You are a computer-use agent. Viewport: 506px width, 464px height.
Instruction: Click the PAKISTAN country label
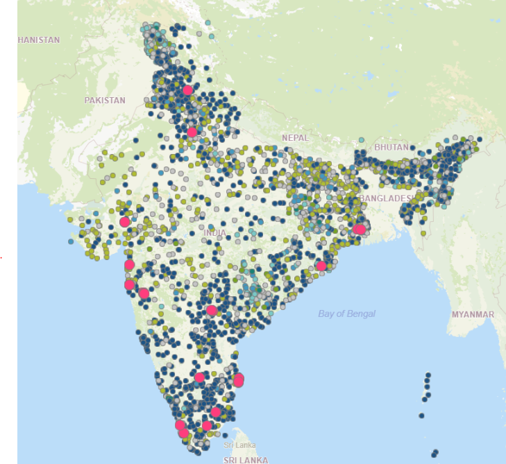tap(105, 100)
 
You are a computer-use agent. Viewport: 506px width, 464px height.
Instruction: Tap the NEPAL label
tap(295, 138)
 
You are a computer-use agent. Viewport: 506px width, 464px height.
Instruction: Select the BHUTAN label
tap(391, 148)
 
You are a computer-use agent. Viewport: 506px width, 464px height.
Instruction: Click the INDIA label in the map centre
tap(214, 232)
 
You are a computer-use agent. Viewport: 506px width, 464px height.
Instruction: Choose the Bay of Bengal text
tap(346, 313)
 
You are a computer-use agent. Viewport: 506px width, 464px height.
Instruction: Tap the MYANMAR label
tap(473, 314)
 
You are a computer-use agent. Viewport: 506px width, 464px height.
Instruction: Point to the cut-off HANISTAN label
tap(39, 40)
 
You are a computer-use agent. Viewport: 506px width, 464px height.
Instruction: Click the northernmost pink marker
tap(187, 90)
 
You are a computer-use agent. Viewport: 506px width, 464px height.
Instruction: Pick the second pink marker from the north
tap(192, 132)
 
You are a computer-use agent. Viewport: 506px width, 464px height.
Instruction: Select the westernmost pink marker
tap(124, 222)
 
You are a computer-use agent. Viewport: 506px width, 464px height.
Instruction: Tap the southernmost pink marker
tap(183, 433)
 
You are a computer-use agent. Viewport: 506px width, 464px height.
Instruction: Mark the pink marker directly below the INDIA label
tap(212, 310)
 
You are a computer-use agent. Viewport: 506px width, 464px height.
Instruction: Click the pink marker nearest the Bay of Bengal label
tap(321, 266)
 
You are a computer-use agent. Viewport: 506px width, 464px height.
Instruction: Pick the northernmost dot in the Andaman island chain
tap(427, 376)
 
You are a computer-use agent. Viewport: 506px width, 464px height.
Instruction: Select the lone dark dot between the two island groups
tap(421, 415)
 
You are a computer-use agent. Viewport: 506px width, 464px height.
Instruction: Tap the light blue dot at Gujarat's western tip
tap(71, 241)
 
